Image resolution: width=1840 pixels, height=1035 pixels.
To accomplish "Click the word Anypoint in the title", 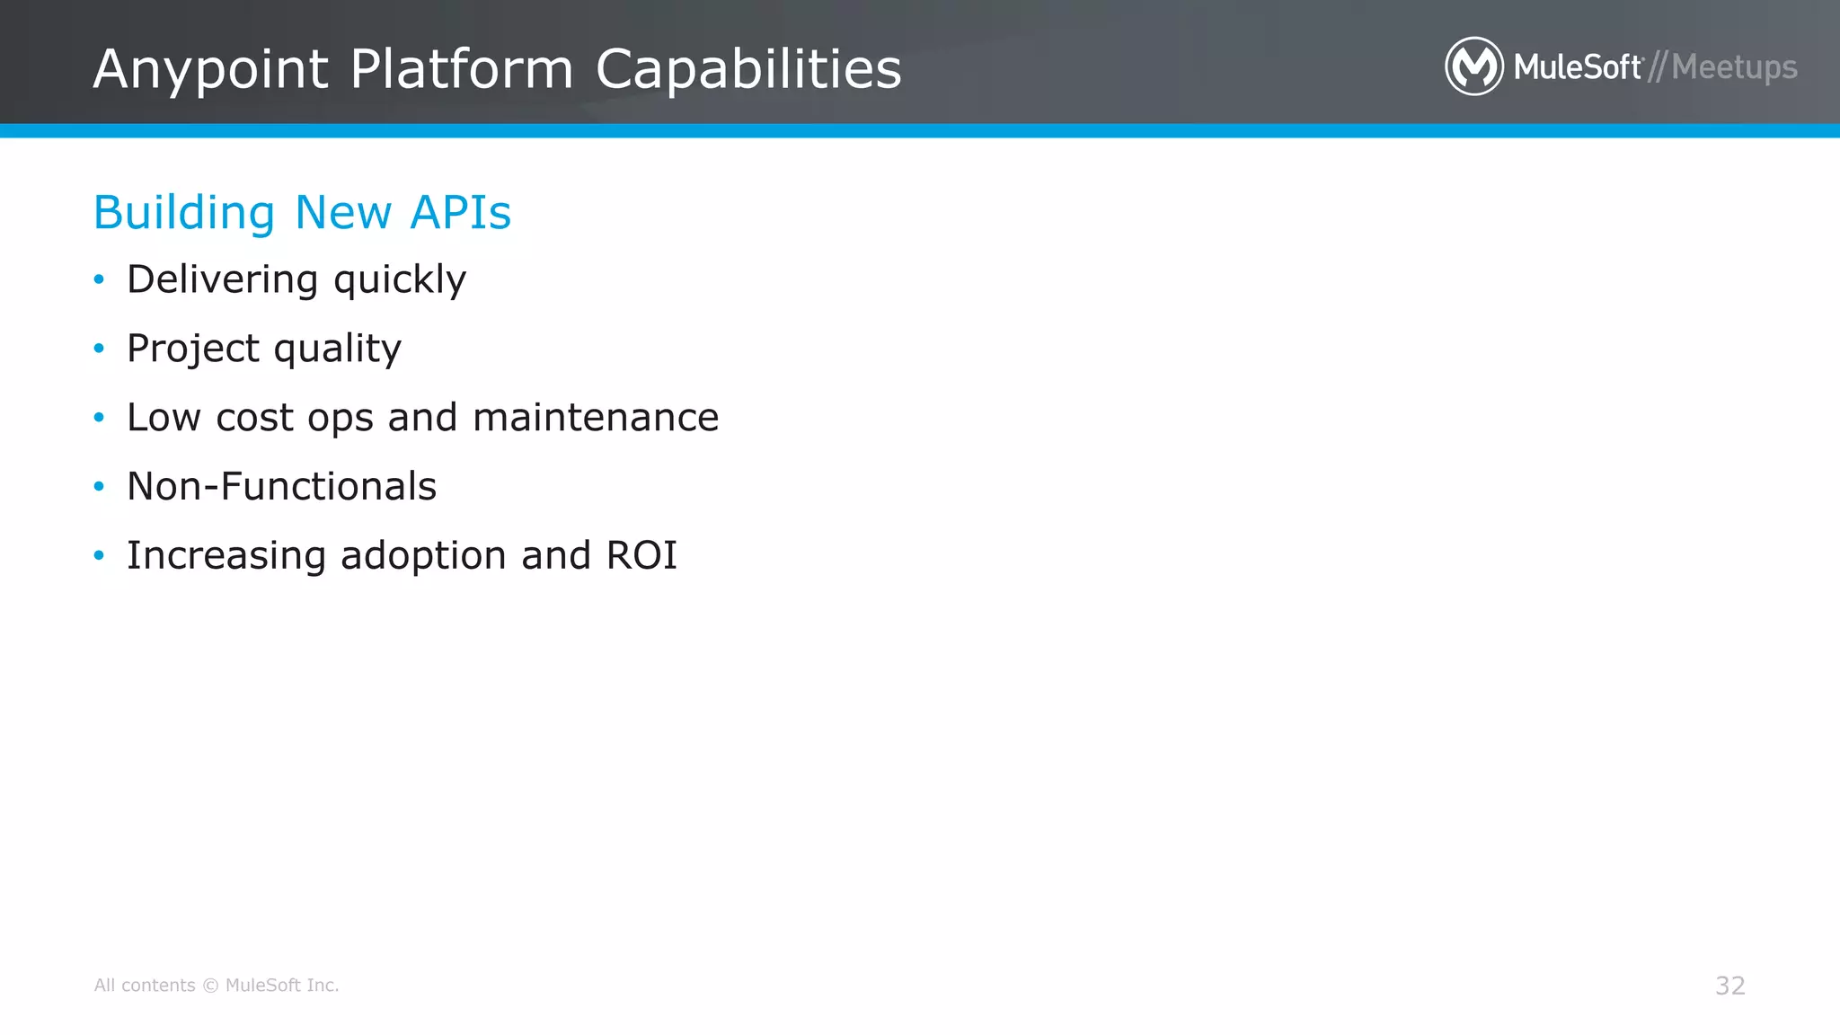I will point(211,69).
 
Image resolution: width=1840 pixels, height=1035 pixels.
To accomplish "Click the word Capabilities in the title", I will point(748,69).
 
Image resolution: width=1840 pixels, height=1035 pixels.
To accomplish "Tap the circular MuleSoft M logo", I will point(1473,66).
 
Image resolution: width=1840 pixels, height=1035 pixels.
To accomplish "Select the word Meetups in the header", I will point(1734,67).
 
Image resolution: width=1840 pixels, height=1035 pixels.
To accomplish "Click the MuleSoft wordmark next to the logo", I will point(1578,67).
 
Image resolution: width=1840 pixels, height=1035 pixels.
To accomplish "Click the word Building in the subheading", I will point(183,213).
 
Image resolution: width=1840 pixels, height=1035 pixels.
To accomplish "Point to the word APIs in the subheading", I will point(460,213).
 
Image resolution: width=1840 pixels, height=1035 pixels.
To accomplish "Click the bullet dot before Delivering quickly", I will point(99,279).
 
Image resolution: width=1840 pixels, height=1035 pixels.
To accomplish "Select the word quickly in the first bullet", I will point(400,279).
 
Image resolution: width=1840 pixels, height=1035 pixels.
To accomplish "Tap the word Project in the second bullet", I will point(193,349).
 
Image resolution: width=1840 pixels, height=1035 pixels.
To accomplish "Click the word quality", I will point(338,349).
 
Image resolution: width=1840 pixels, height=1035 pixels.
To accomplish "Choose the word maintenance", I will point(596,418).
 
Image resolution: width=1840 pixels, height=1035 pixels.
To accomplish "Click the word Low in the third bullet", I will point(164,418).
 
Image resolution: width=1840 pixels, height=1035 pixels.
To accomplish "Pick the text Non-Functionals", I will point(281,487).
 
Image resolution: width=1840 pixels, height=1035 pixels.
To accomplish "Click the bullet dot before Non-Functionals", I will point(99,487).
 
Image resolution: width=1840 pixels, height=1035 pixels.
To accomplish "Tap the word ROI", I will point(641,555).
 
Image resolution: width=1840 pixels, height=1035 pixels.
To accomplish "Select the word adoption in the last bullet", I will point(423,555).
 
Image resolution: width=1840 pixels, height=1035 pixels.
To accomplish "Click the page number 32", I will point(1729,986).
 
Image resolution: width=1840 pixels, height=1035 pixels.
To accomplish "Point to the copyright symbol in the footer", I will point(210,986).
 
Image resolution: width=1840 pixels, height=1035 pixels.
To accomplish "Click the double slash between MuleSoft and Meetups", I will point(1658,67).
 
